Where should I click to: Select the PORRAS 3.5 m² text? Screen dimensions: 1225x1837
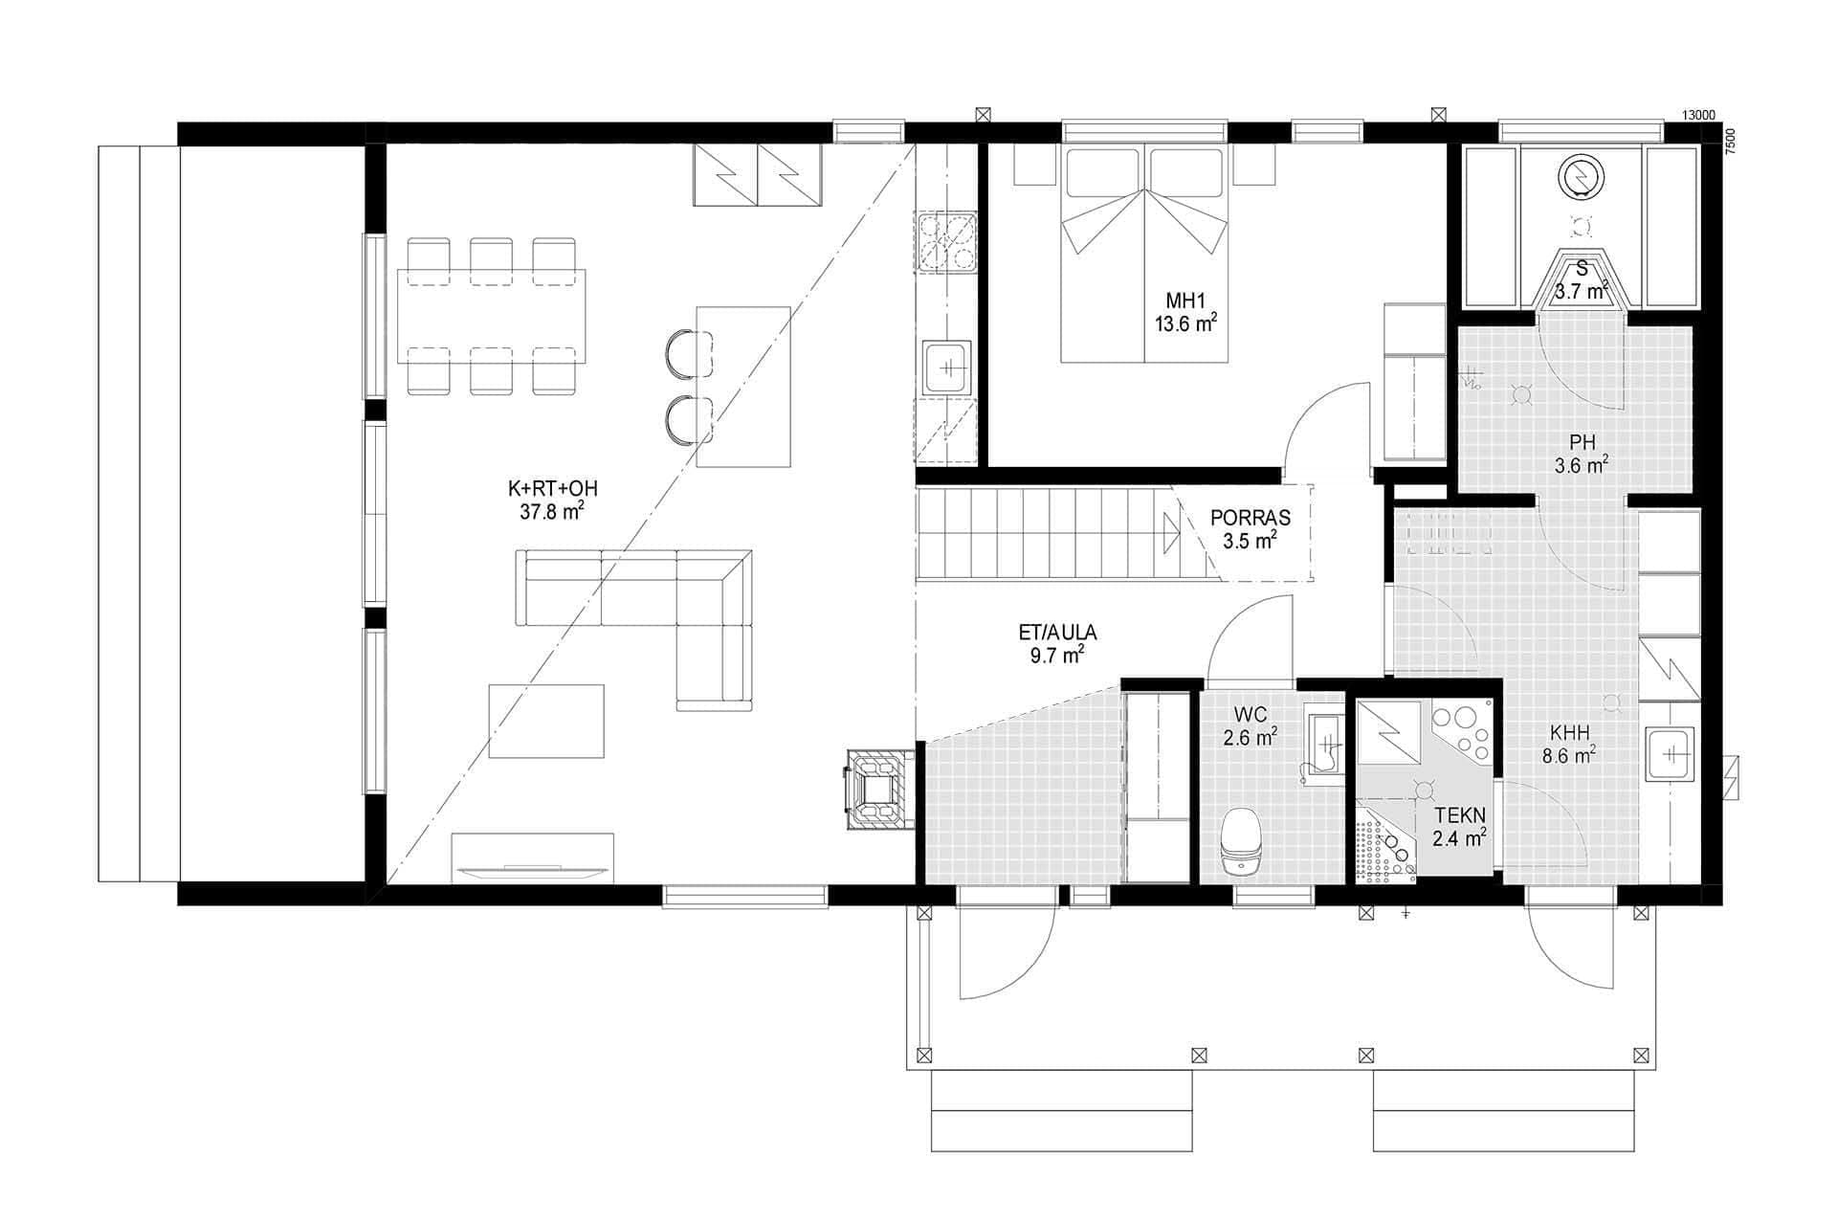pos(1250,528)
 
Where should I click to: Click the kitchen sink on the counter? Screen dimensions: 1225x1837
pos(946,367)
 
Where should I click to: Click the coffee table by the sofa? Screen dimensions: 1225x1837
pos(546,721)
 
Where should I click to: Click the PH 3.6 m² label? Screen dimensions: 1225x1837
pos(1581,455)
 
